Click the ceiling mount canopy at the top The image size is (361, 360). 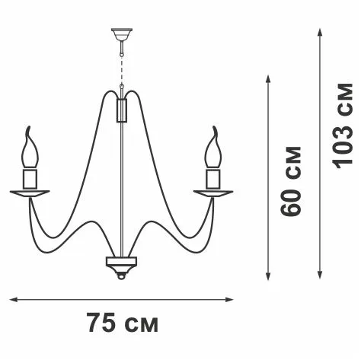[122, 34]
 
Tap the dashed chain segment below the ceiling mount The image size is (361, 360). [122, 70]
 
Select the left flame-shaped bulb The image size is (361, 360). [30, 147]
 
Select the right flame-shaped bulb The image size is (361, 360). [213, 147]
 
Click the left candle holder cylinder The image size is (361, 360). [30, 179]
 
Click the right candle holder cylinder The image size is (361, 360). [213, 179]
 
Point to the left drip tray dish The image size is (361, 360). [30, 193]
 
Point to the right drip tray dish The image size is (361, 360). [213, 193]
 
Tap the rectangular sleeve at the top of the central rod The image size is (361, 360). [122, 110]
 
